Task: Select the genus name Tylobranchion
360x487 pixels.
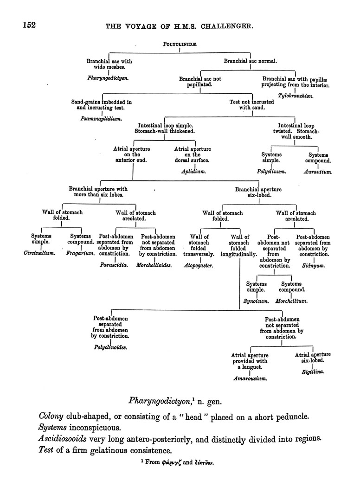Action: pos(296,96)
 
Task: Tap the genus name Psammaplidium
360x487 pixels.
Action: pos(101,119)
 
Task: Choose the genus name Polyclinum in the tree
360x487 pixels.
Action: pos(271,171)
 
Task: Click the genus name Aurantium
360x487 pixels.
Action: pos(318,172)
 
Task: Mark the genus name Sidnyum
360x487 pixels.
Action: pos(313,266)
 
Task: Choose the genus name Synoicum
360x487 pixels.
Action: pos(256,301)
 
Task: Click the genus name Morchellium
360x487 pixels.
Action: pos(292,301)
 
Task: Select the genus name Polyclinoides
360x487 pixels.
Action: pos(111,346)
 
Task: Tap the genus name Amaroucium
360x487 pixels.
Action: pos(250,378)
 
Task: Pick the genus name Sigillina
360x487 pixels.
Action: pos(313,372)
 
